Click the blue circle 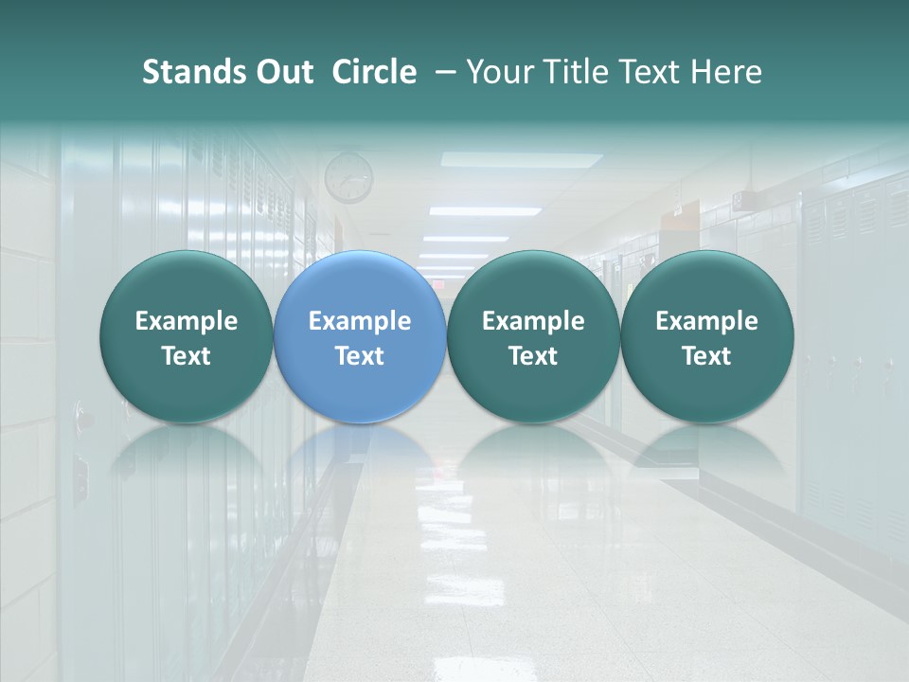coord(360,336)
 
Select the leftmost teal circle coord(187,336)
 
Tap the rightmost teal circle coord(707,336)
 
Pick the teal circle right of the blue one coord(533,336)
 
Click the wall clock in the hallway coord(348,177)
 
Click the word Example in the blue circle coord(360,321)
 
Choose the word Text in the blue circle coord(360,356)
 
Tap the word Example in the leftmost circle coord(187,321)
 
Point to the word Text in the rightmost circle coord(707,356)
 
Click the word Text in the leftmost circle coord(187,356)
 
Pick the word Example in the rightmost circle coord(707,321)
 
